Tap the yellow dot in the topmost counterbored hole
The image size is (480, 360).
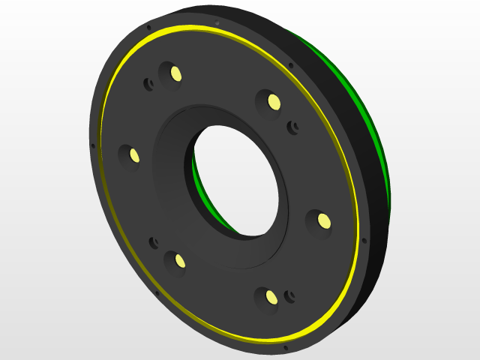click(x=176, y=73)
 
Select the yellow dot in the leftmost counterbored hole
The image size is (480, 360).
click(x=134, y=155)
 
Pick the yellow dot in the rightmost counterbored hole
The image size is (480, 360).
click(x=323, y=220)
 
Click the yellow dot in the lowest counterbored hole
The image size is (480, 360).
click(x=271, y=298)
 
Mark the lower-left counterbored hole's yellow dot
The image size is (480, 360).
click(x=180, y=260)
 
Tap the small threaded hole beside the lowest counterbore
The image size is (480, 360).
click(x=292, y=295)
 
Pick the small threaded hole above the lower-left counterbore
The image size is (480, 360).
click(x=154, y=241)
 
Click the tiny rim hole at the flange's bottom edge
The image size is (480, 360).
click(x=285, y=348)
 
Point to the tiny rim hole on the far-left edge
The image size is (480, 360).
click(x=93, y=145)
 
